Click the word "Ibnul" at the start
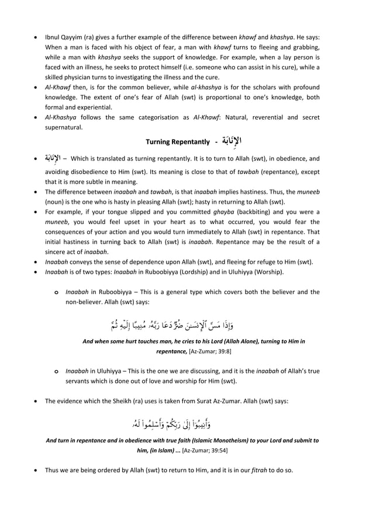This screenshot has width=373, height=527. (x=54, y=37)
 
